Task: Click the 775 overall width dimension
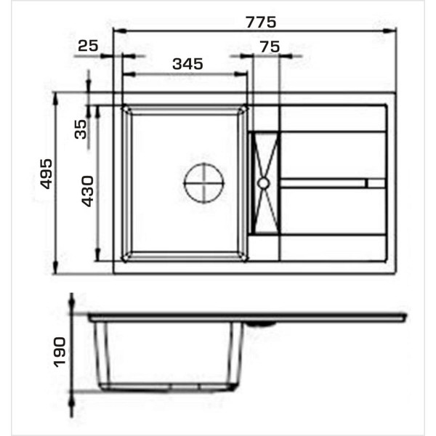coord(261,23)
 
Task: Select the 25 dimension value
coord(88,46)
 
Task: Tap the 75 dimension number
coord(270,47)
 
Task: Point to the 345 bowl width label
coord(187,64)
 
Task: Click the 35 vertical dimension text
coord(81,129)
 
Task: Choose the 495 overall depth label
coord(46,174)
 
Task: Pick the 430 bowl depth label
coord(87,191)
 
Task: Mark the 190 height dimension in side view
coord(60,352)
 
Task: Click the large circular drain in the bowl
coord(204,183)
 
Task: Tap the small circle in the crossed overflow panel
coord(263,183)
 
